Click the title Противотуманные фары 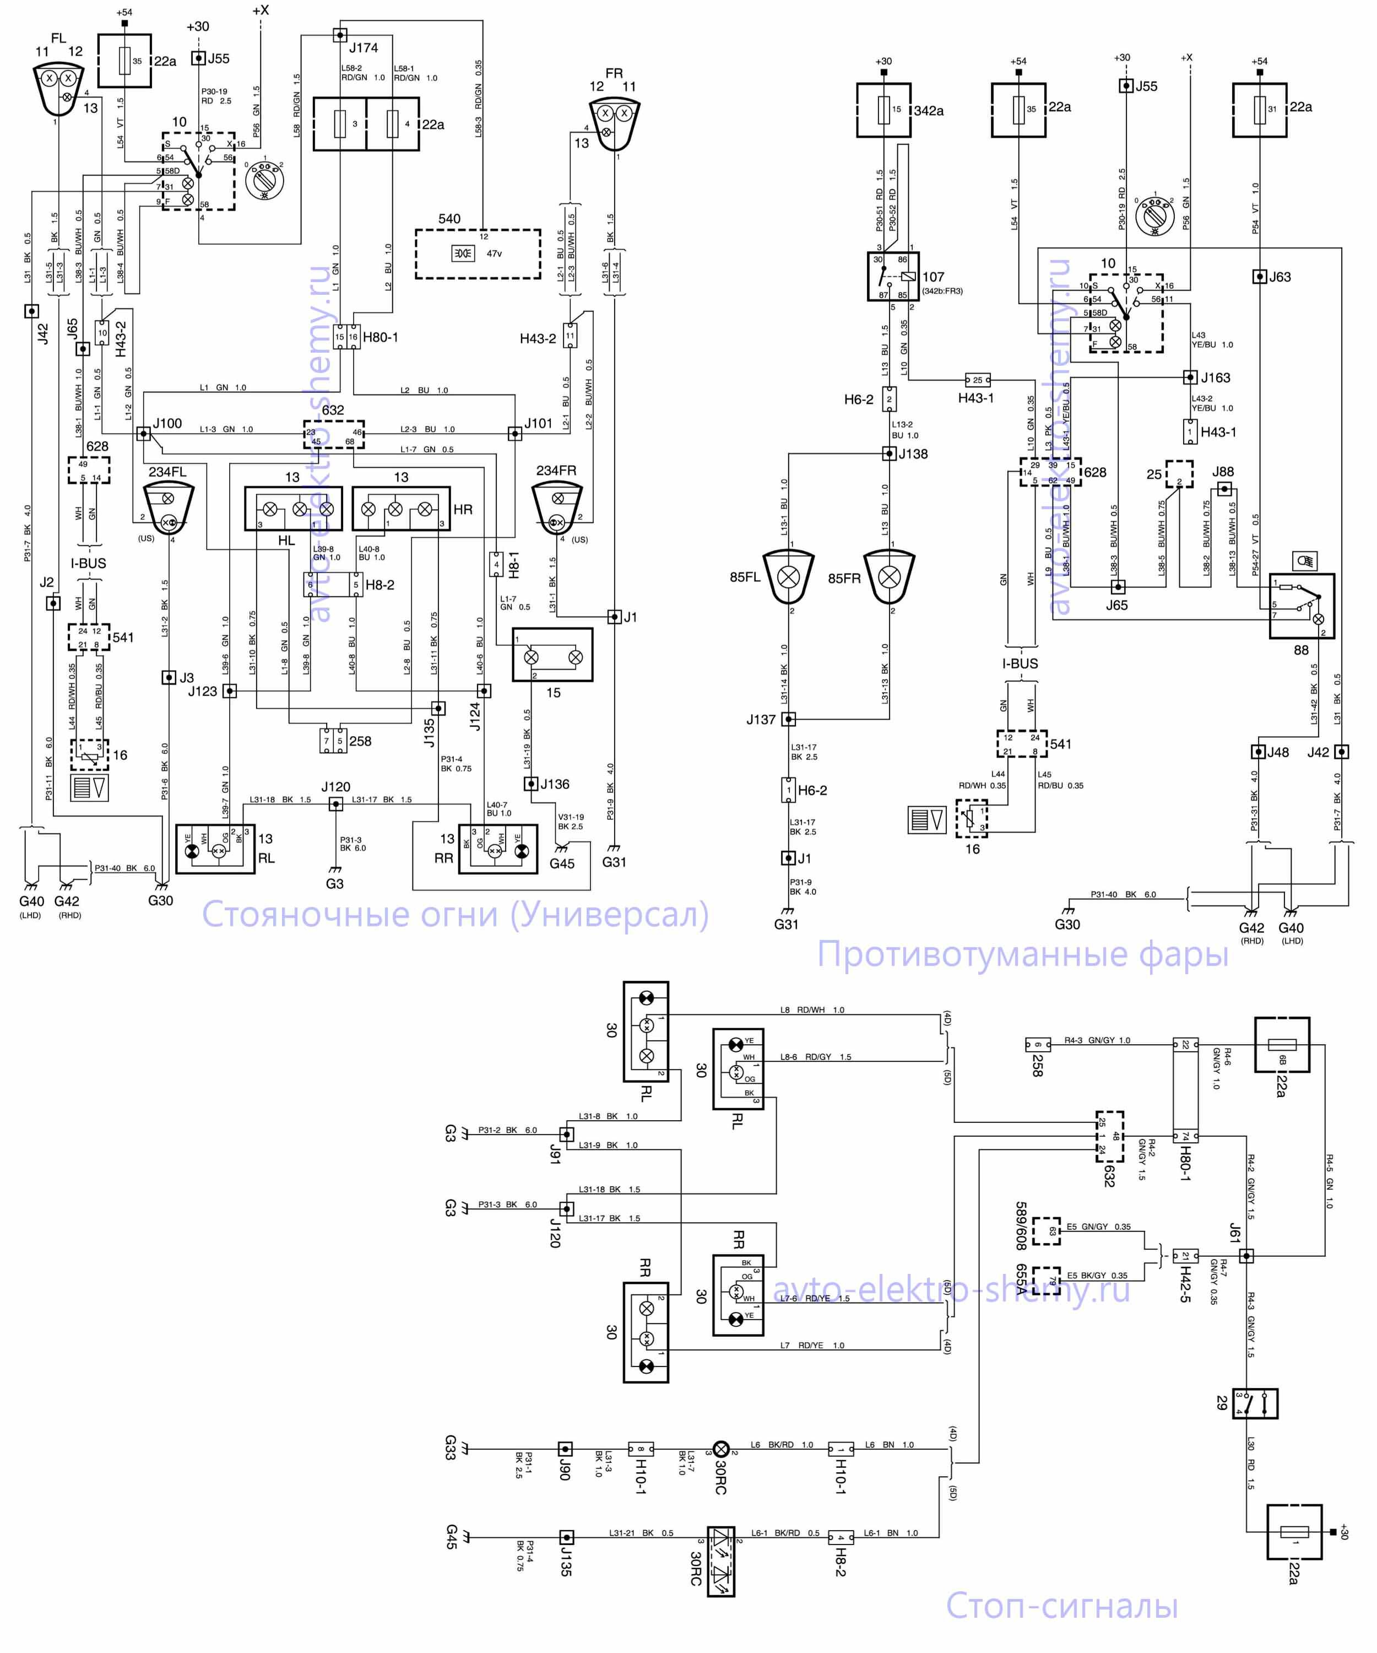1022,953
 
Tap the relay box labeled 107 892,276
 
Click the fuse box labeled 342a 883,110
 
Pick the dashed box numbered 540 478,253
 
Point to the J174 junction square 339,35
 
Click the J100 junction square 143,433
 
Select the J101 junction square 514,433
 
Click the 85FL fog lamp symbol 788,577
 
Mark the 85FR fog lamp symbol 889,577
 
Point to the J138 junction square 888,453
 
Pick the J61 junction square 1246,1256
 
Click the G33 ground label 450,1447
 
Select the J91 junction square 566,1135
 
